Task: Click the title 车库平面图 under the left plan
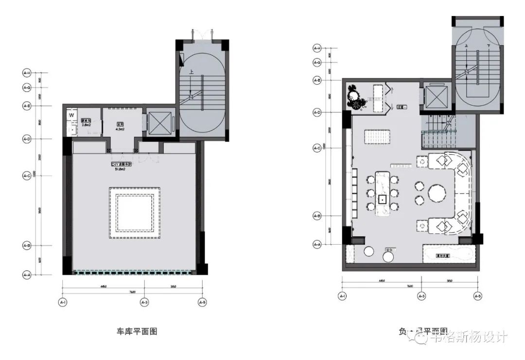[137, 332]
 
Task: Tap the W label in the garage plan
[71, 115]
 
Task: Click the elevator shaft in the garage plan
[160, 123]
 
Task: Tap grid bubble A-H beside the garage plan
[27, 73]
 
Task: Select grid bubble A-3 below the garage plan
[144, 302]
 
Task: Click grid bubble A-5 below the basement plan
[477, 296]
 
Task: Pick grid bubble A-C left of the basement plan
[316, 148]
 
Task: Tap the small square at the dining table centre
[382, 198]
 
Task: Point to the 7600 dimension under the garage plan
[132, 292]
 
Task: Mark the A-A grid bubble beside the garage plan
[27, 275]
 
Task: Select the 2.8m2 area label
[87, 126]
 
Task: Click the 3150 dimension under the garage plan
[174, 287]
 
